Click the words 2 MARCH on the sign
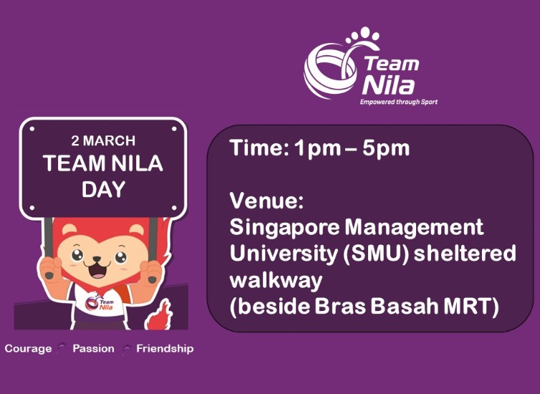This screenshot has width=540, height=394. (103, 140)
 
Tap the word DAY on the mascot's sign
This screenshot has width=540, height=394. (103, 189)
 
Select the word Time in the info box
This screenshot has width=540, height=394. (252, 149)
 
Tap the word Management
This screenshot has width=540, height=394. (415, 229)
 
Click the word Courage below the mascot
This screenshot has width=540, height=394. (28, 349)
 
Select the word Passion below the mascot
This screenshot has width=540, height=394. (93, 349)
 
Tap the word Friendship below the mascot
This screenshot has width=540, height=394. (165, 349)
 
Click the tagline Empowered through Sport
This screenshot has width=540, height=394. (398, 102)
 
